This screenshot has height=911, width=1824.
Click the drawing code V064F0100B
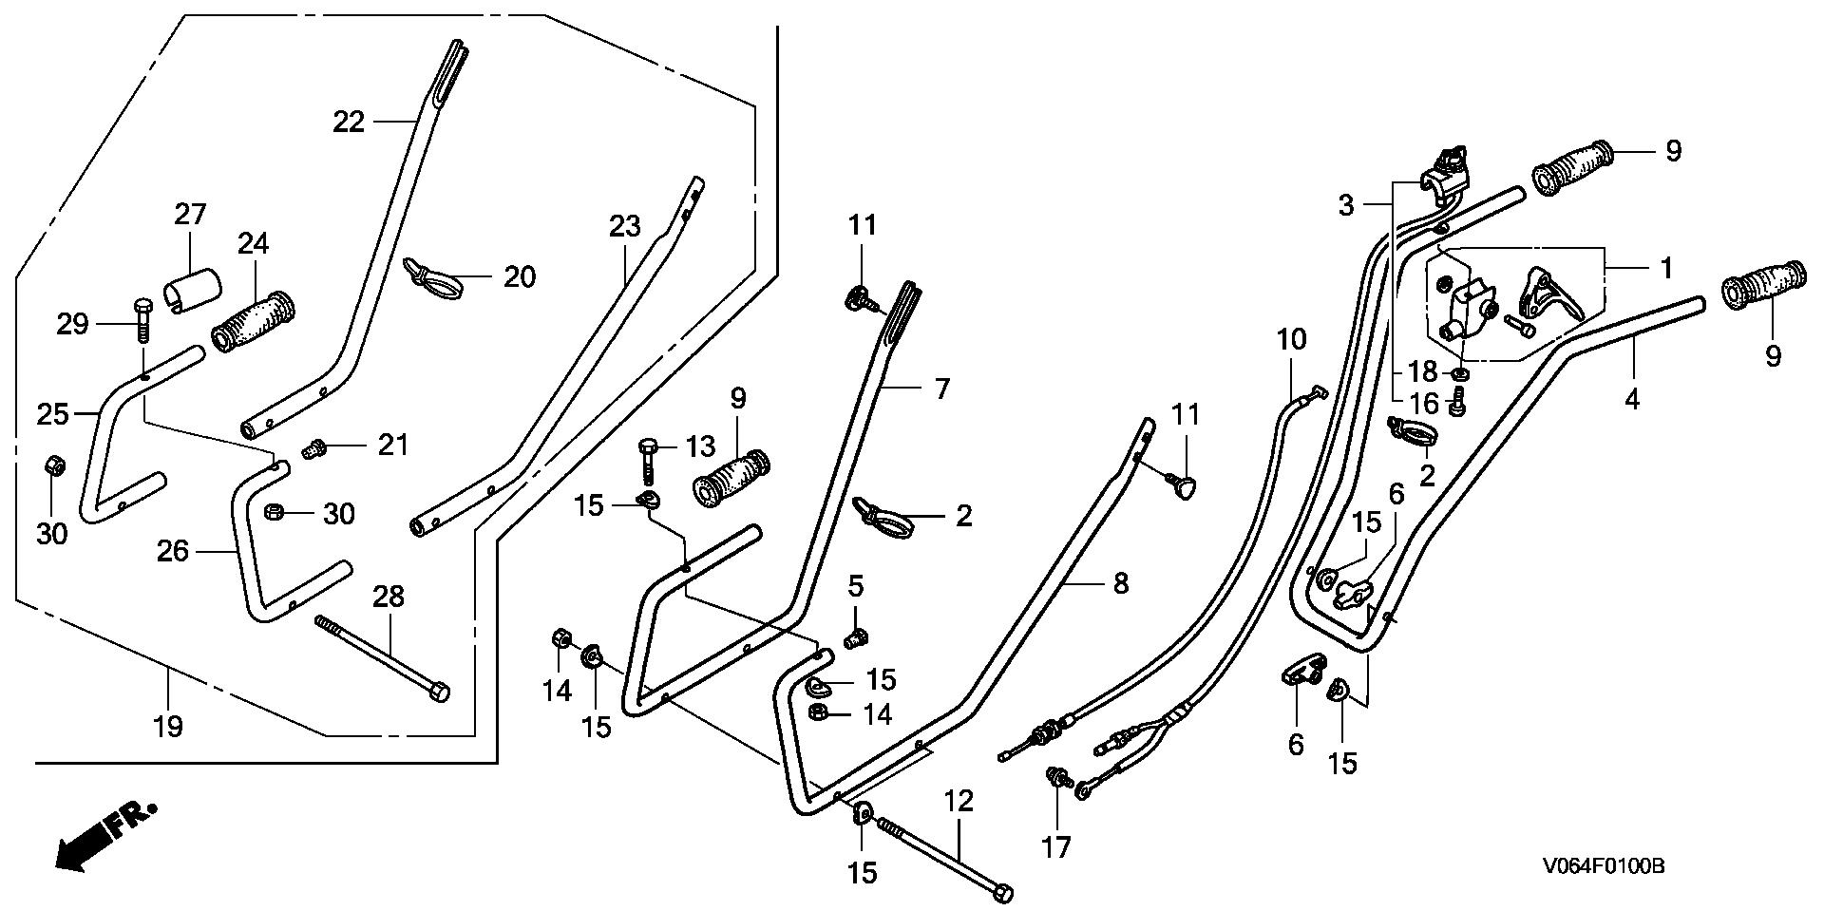point(1603,866)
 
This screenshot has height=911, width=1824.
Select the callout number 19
point(168,728)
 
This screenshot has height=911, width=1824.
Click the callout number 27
point(190,214)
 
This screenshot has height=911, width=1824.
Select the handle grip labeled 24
point(254,326)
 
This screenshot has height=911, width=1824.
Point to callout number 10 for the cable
point(1291,339)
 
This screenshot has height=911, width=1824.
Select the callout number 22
point(349,122)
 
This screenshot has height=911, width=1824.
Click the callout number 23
point(625,226)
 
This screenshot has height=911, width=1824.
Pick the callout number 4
point(1631,399)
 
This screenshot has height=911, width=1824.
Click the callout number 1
point(1665,268)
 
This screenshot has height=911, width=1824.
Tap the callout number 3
point(1345,204)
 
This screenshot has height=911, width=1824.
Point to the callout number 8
point(1120,582)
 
